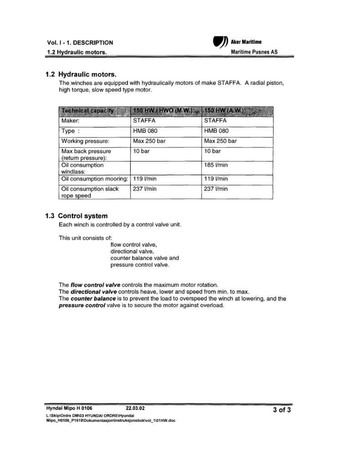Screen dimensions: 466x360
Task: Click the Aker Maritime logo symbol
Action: pos(218,42)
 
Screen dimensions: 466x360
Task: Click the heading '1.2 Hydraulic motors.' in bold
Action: pos(81,74)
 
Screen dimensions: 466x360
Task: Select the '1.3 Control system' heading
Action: pos(76,216)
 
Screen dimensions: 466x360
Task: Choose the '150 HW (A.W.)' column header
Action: pos(225,111)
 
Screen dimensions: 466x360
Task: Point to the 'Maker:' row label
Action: pos(71,121)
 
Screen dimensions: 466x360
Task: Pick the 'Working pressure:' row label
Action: pos(85,141)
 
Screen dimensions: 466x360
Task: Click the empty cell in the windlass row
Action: pos(166,168)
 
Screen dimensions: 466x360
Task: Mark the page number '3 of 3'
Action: pos(282,410)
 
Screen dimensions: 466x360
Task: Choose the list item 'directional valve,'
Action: pos(132,251)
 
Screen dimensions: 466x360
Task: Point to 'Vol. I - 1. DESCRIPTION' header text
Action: pos(80,43)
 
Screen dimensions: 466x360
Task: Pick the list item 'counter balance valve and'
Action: pos(145,258)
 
